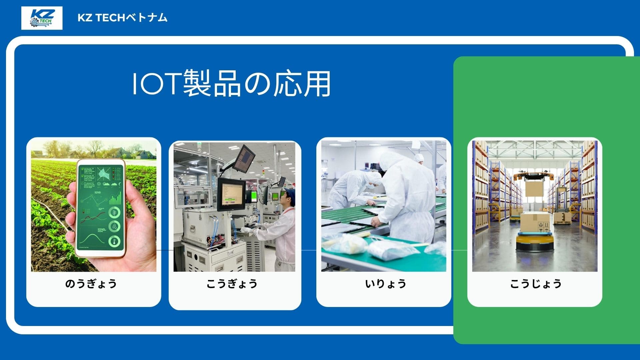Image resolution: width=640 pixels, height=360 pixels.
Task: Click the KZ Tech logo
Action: [x=42, y=18]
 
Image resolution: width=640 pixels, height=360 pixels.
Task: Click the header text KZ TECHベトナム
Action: [x=122, y=18]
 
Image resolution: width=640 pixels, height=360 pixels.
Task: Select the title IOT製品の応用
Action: [x=231, y=83]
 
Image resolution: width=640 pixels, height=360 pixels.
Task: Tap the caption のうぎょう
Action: [x=91, y=284]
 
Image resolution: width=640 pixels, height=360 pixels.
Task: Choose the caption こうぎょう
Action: [x=232, y=284]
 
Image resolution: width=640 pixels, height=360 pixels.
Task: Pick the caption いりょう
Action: [x=386, y=284]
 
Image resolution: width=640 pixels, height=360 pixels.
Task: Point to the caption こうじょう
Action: [x=536, y=284]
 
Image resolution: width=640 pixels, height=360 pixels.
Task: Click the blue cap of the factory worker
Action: [x=290, y=193]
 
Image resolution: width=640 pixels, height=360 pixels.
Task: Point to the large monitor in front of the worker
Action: [x=231, y=194]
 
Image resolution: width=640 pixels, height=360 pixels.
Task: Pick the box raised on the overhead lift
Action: [x=534, y=188]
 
